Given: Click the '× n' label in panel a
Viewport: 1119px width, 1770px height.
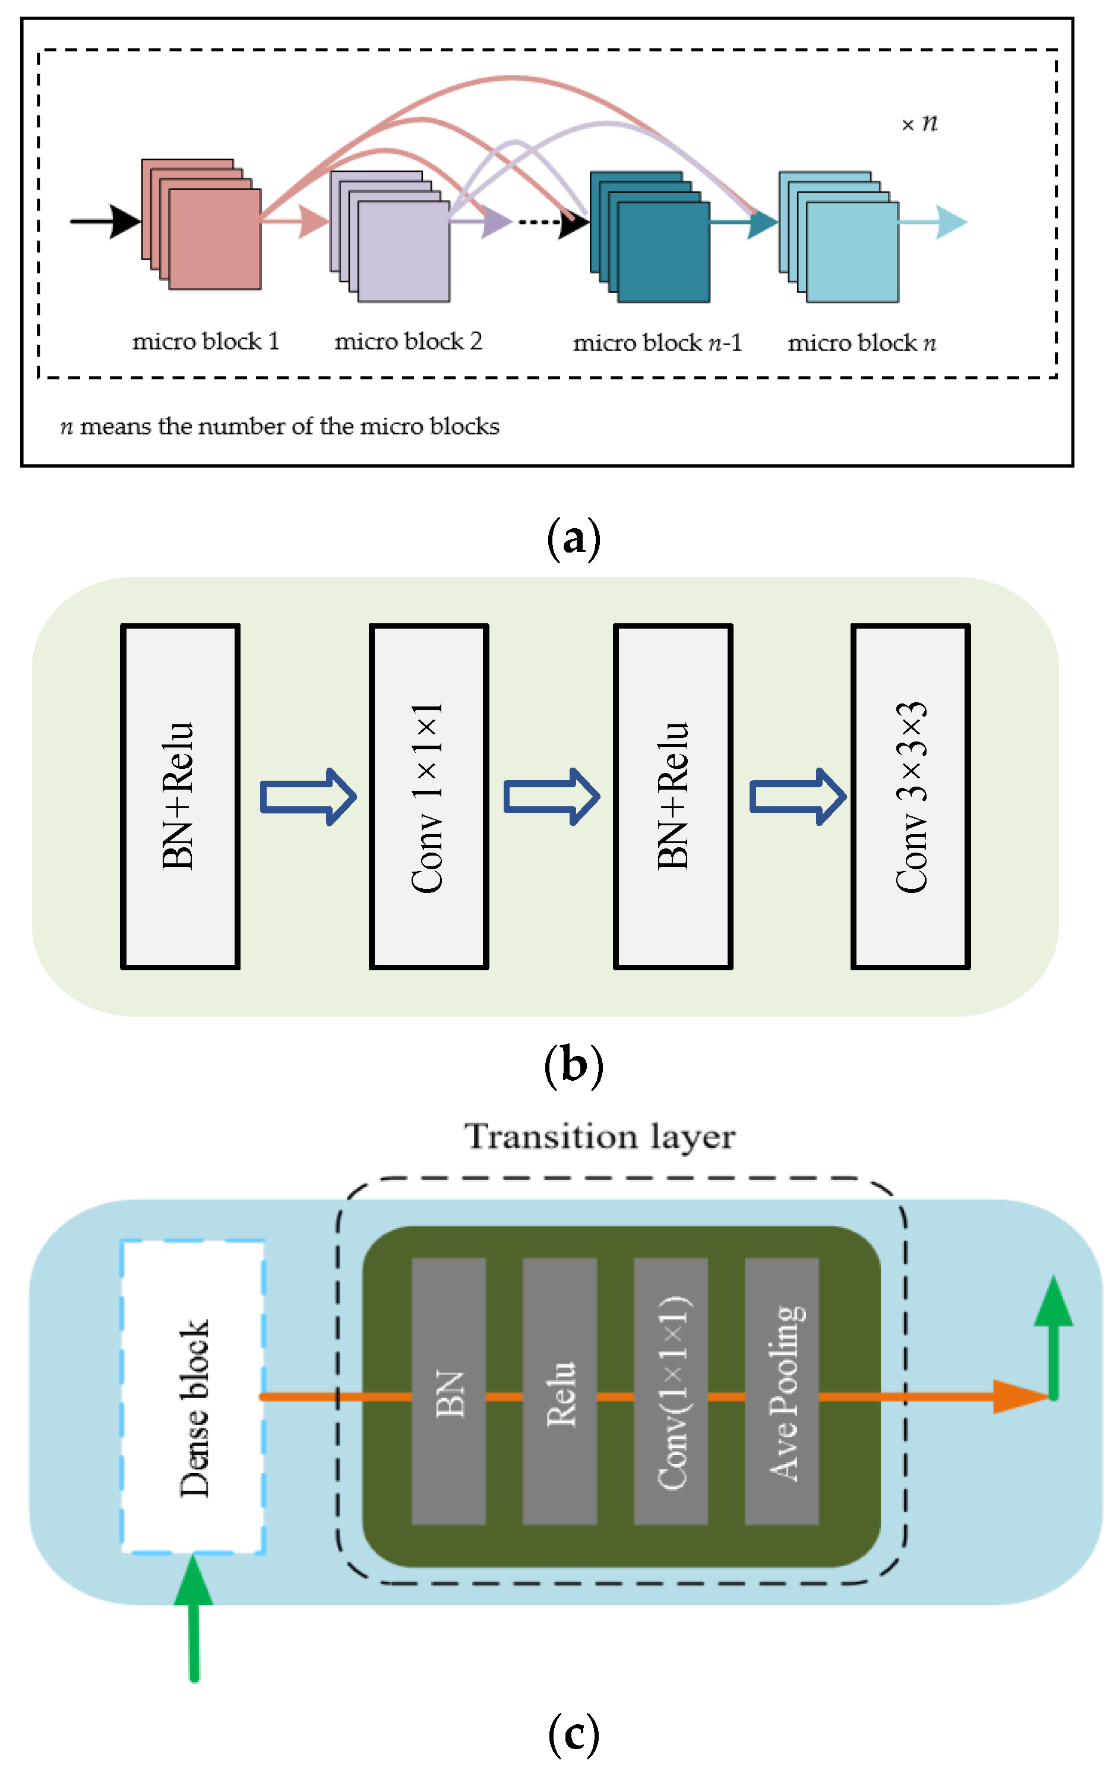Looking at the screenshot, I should point(919,124).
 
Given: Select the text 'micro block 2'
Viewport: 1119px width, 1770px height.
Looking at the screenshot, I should point(408,341).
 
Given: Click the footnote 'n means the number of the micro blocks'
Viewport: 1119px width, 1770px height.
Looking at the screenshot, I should point(279,427).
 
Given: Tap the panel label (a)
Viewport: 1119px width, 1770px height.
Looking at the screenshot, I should point(573,539).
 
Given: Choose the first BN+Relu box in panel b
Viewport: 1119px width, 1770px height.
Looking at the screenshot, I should point(180,796).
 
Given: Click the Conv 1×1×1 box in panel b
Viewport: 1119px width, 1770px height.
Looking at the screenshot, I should point(428,796).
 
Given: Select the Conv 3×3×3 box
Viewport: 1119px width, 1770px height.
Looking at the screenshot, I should point(911,796).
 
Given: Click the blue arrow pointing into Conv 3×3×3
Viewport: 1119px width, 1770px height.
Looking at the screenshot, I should point(797,796).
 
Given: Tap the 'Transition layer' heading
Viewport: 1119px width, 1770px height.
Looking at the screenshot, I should point(599,1137).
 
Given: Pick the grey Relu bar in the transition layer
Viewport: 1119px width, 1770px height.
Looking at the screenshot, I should point(560,1392).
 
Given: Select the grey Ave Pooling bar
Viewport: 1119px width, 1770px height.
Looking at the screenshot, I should point(782,1392).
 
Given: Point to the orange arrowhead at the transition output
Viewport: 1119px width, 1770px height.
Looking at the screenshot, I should point(1017,1397).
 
